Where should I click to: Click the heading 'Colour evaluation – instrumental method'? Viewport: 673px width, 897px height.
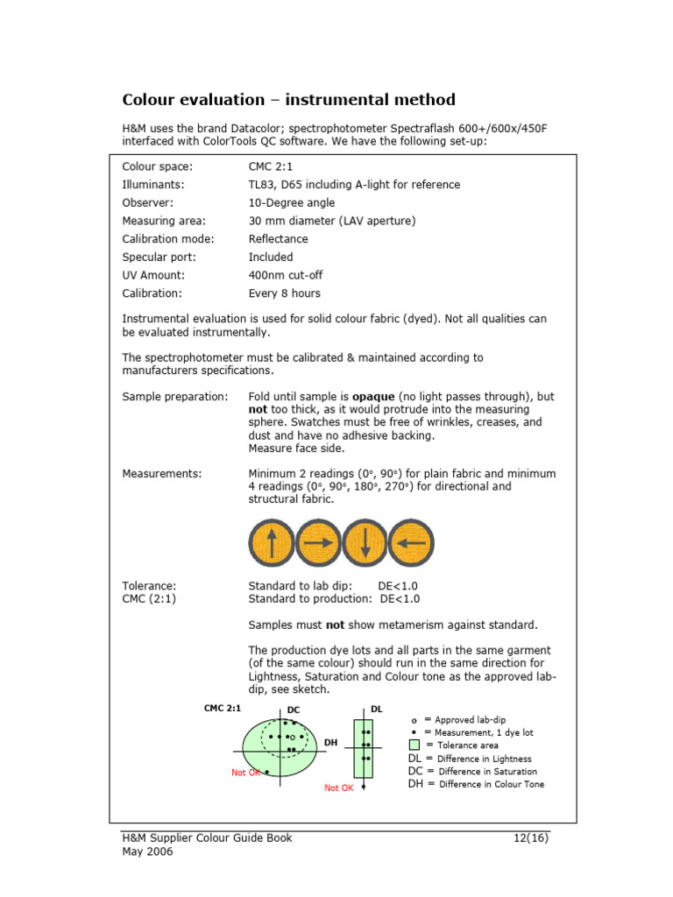(x=288, y=100)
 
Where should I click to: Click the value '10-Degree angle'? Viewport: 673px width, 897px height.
(x=291, y=203)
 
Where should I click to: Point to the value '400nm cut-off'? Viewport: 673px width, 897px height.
(x=286, y=275)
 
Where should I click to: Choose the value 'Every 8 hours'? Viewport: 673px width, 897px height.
(x=284, y=293)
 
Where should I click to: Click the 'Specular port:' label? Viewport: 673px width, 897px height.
(x=159, y=258)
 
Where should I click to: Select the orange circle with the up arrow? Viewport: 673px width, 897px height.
(x=271, y=543)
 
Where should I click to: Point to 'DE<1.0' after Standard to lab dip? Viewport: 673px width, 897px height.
(x=398, y=586)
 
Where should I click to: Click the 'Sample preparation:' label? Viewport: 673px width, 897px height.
(x=174, y=397)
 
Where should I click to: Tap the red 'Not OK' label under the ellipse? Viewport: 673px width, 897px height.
(x=246, y=773)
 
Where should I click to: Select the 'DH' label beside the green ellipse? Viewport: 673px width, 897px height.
(x=330, y=743)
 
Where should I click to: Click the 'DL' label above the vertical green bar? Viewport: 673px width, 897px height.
(x=377, y=708)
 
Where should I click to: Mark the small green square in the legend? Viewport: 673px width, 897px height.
(x=415, y=745)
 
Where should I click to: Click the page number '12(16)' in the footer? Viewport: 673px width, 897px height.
(x=531, y=837)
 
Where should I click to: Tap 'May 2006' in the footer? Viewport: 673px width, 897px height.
(x=147, y=852)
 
